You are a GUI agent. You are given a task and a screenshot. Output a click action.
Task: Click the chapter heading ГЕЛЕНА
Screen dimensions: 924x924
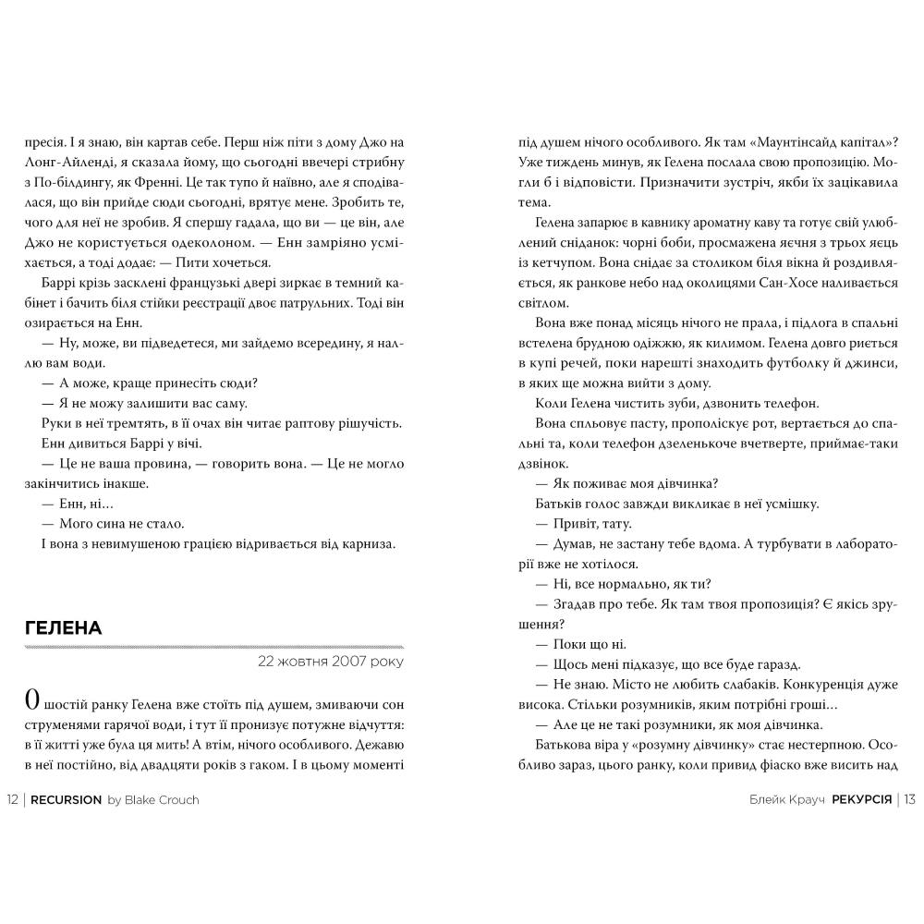63,628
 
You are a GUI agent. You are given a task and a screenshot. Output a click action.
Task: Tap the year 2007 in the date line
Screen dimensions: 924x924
341,662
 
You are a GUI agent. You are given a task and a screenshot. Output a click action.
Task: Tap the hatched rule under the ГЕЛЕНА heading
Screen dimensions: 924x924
212,648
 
